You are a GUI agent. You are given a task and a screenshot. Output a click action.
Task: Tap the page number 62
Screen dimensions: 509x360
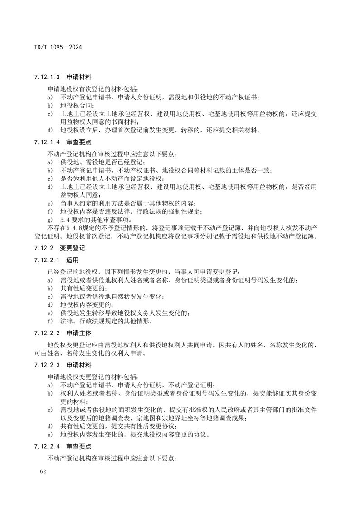pyautogui.click(x=44, y=472)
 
